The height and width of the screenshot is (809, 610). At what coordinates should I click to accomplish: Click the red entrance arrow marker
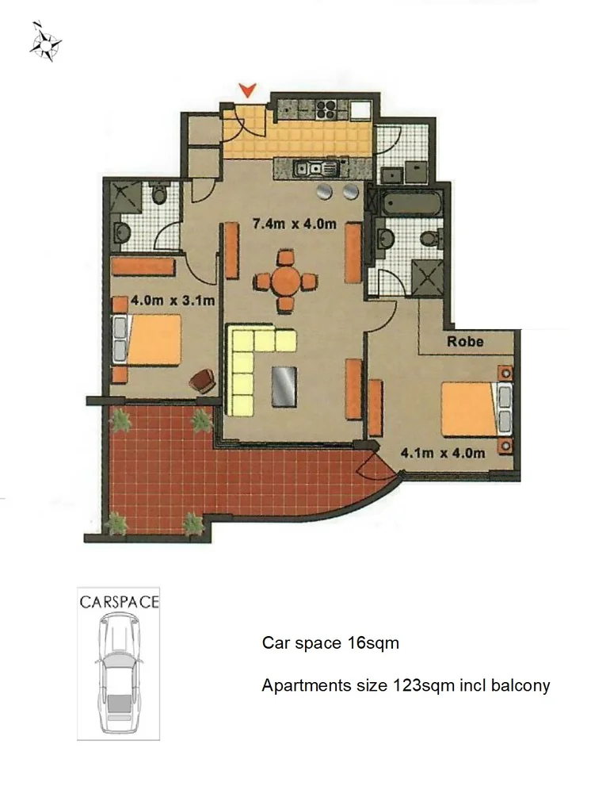pos(248,90)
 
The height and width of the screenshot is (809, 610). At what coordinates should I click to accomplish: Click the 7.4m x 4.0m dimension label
pos(294,224)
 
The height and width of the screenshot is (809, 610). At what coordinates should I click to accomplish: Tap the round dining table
pos(286,282)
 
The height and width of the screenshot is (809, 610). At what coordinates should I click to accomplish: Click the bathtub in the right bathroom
pos(411,201)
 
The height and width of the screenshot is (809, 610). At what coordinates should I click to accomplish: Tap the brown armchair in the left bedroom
pos(203,381)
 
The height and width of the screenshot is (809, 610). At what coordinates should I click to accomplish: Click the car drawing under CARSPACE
pos(118,674)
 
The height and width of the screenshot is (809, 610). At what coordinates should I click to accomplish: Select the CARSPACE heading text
pos(119,601)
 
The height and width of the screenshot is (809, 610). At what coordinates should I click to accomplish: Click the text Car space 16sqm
pos(330,643)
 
